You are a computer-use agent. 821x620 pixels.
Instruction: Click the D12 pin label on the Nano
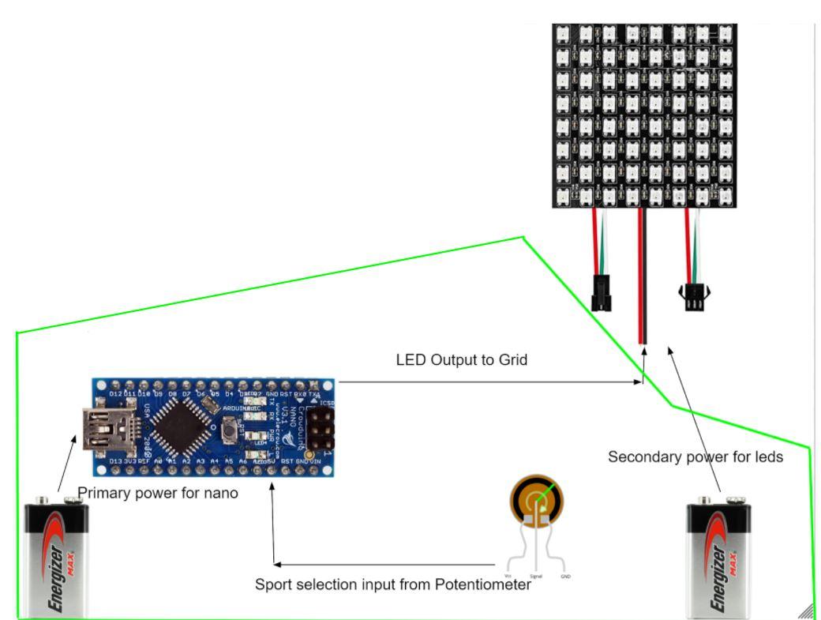[x=115, y=393]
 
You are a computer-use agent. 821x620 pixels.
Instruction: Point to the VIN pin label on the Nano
[x=315, y=460]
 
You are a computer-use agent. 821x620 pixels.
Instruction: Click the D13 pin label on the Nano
[x=115, y=460]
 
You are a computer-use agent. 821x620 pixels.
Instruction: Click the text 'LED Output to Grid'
[x=461, y=360]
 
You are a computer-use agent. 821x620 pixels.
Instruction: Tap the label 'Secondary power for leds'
[x=695, y=457]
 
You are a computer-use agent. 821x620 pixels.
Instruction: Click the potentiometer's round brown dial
[x=538, y=499]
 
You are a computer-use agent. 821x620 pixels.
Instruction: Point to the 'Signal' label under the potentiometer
[x=535, y=577]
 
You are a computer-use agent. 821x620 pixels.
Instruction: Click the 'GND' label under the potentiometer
[x=565, y=577]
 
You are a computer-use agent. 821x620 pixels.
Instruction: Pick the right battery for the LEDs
[x=718, y=558]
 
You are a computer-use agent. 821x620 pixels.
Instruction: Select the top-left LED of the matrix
[x=564, y=35]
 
